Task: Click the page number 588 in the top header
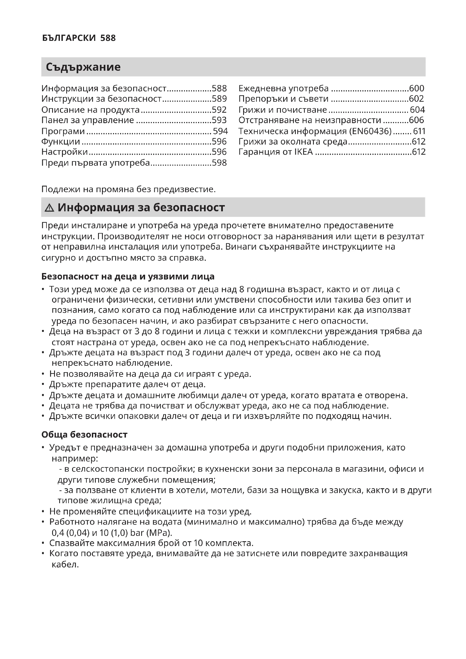108,38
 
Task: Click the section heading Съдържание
83,67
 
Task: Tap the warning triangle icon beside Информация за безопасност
49,208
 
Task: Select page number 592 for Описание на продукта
219,110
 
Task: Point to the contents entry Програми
63,131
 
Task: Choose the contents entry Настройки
65,152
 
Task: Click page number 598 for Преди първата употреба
219,163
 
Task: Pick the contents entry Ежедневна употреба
283,88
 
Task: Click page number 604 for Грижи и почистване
417,110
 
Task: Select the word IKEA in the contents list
304,152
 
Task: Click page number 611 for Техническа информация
419,131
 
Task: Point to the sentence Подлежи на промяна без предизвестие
128,189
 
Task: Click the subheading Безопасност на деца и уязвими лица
128,276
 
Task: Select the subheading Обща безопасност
84,434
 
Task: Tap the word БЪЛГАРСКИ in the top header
69,38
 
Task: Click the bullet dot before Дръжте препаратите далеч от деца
43,384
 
